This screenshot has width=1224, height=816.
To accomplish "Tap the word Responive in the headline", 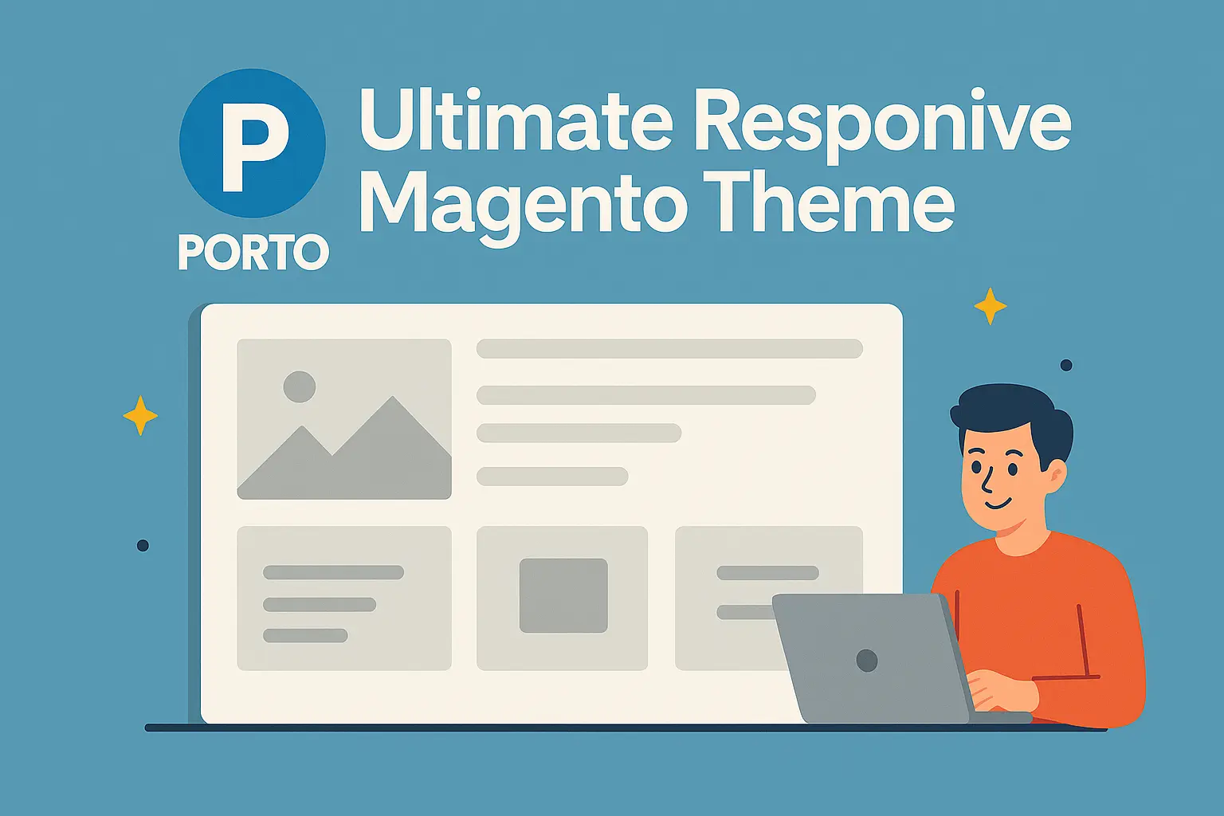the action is (883, 126).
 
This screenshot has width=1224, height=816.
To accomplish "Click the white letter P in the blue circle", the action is (255, 147).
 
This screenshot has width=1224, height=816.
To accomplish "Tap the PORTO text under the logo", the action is (253, 252).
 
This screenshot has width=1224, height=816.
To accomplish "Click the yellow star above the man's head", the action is (991, 306).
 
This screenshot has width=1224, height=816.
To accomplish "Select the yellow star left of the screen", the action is (140, 415).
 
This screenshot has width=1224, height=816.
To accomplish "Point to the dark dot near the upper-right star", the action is (1066, 365).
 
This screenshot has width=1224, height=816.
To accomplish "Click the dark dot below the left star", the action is (143, 545).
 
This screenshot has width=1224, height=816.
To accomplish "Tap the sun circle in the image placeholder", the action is (300, 386).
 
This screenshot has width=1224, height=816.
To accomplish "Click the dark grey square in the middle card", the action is (563, 596).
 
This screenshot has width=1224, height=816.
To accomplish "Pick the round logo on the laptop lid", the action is (867, 661).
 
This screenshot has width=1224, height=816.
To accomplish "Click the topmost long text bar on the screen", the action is (669, 349).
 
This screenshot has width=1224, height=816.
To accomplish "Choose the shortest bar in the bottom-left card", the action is (305, 636).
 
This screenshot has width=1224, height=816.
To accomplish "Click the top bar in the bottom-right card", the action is (767, 573).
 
